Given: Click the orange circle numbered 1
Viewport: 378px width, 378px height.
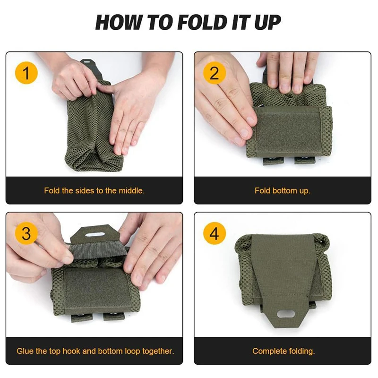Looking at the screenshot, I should click(26, 73).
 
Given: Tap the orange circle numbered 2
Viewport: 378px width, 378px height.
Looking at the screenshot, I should click(215, 73).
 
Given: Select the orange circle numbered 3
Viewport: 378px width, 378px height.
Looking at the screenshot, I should click(26, 234).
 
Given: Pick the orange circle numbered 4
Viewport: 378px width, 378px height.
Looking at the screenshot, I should click(215, 234).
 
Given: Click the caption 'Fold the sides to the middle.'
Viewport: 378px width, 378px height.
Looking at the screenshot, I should click(94, 191).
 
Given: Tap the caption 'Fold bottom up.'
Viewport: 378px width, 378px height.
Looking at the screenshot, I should click(283, 191).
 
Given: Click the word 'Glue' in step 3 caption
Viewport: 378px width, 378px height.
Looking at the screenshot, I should click(25, 351).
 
